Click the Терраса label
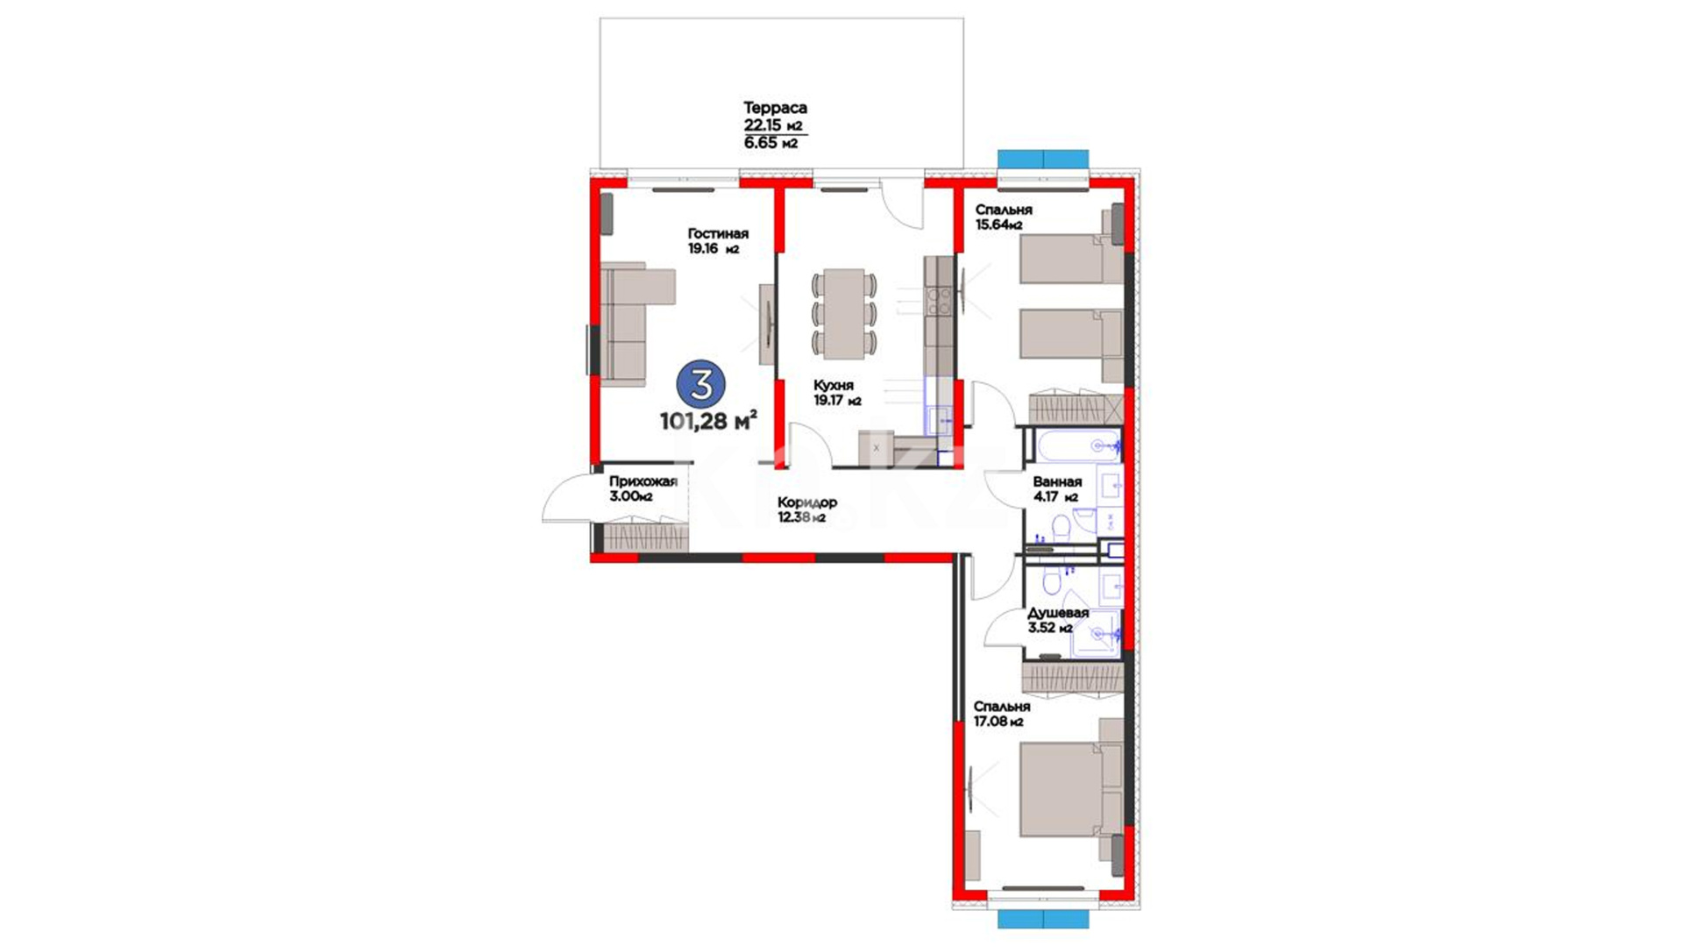coord(775,108)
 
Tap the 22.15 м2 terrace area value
coord(772,125)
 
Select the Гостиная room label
coord(718,233)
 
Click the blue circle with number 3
coord(701,384)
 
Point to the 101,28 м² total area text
coord(708,421)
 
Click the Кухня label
coord(833,385)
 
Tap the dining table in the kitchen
coord(843,314)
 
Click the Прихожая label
coord(643,481)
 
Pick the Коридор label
coord(807,502)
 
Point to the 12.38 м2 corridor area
coord(801,517)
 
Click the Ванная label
coord(1057,481)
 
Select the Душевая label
coord(1058,613)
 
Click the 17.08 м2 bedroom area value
coord(998,722)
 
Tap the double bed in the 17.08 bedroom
coord(1071,789)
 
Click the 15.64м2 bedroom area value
coord(999,225)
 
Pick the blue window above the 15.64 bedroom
coord(1043,160)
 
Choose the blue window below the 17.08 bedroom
coord(1043,919)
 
